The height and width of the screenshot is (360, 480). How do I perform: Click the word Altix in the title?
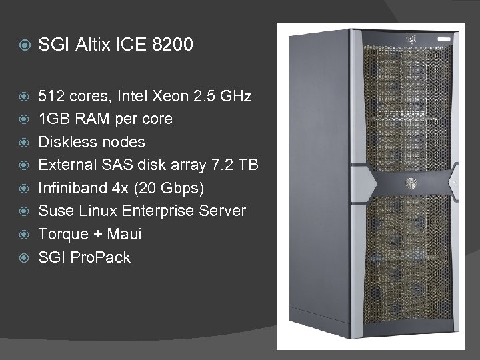(x=93, y=46)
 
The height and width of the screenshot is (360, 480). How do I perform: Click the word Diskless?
(x=66, y=142)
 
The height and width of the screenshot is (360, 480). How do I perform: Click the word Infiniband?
(x=72, y=188)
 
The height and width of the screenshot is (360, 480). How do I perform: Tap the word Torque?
(x=63, y=234)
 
